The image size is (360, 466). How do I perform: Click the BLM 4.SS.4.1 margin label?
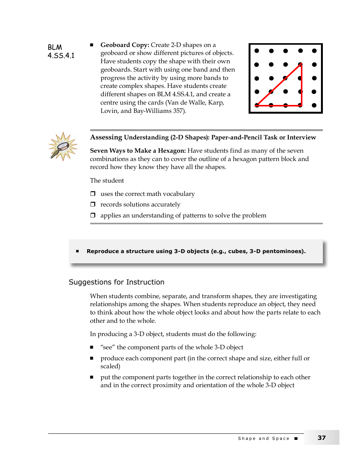tap(61, 52)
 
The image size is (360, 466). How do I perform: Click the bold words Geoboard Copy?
tap(125, 45)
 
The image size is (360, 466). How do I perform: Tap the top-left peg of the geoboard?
tap(257, 51)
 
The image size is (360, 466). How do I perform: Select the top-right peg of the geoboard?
tap(314, 51)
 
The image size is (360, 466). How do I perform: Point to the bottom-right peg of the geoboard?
tap(314, 105)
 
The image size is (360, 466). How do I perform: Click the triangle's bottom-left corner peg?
tap(257, 105)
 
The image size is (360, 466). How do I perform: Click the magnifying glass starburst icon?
tap(63, 147)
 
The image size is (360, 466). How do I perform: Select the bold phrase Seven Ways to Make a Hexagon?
tap(138, 151)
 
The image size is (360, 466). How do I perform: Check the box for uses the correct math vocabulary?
tap(92, 194)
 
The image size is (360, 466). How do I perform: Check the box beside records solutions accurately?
tap(92, 205)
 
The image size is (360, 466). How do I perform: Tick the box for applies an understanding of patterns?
tap(92, 216)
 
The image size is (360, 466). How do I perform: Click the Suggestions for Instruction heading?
tap(116, 282)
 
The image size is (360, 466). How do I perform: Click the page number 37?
tap(321, 438)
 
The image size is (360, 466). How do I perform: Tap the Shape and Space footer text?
tap(263, 438)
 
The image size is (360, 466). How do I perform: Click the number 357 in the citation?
tap(180, 111)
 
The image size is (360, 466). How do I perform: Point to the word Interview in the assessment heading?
tap(301, 138)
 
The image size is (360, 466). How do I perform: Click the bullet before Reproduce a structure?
tap(77, 251)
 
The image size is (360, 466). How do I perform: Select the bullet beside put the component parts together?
tap(92, 377)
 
